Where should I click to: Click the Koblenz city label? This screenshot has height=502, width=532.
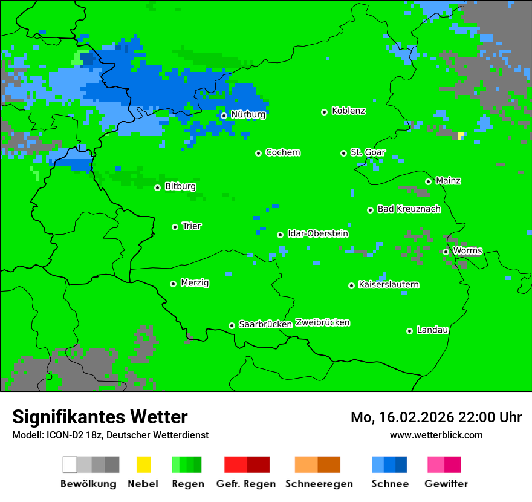click(x=348, y=111)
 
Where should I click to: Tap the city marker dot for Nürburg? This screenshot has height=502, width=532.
click(x=224, y=116)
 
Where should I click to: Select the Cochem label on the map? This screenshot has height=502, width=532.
click(x=282, y=152)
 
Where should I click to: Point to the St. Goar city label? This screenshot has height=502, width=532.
click(x=368, y=152)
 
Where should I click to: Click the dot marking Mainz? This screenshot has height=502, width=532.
click(x=428, y=181)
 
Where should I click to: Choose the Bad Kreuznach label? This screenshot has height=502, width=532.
click(x=409, y=209)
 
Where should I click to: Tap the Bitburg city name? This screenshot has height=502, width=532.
click(x=180, y=186)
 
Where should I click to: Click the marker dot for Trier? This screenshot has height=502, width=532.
click(x=175, y=227)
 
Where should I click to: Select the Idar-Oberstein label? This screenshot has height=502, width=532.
click(x=317, y=233)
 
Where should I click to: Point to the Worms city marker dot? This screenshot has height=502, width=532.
click(x=446, y=252)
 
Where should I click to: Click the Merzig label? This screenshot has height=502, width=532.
click(x=195, y=282)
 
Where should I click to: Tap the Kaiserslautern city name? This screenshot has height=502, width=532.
click(x=388, y=284)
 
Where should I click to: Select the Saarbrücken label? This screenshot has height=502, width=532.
click(x=265, y=324)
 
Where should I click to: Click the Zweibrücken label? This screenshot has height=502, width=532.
click(x=322, y=322)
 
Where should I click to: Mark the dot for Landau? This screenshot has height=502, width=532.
click(x=409, y=331)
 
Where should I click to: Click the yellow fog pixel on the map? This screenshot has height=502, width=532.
click(x=461, y=136)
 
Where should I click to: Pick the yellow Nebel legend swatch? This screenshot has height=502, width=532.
click(x=143, y=465)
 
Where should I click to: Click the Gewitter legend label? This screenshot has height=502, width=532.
click(x=446, y=484)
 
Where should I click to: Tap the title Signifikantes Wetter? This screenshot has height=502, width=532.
click(x=100, y=417)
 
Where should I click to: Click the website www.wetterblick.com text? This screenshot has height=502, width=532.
click(x=436, y=435)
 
